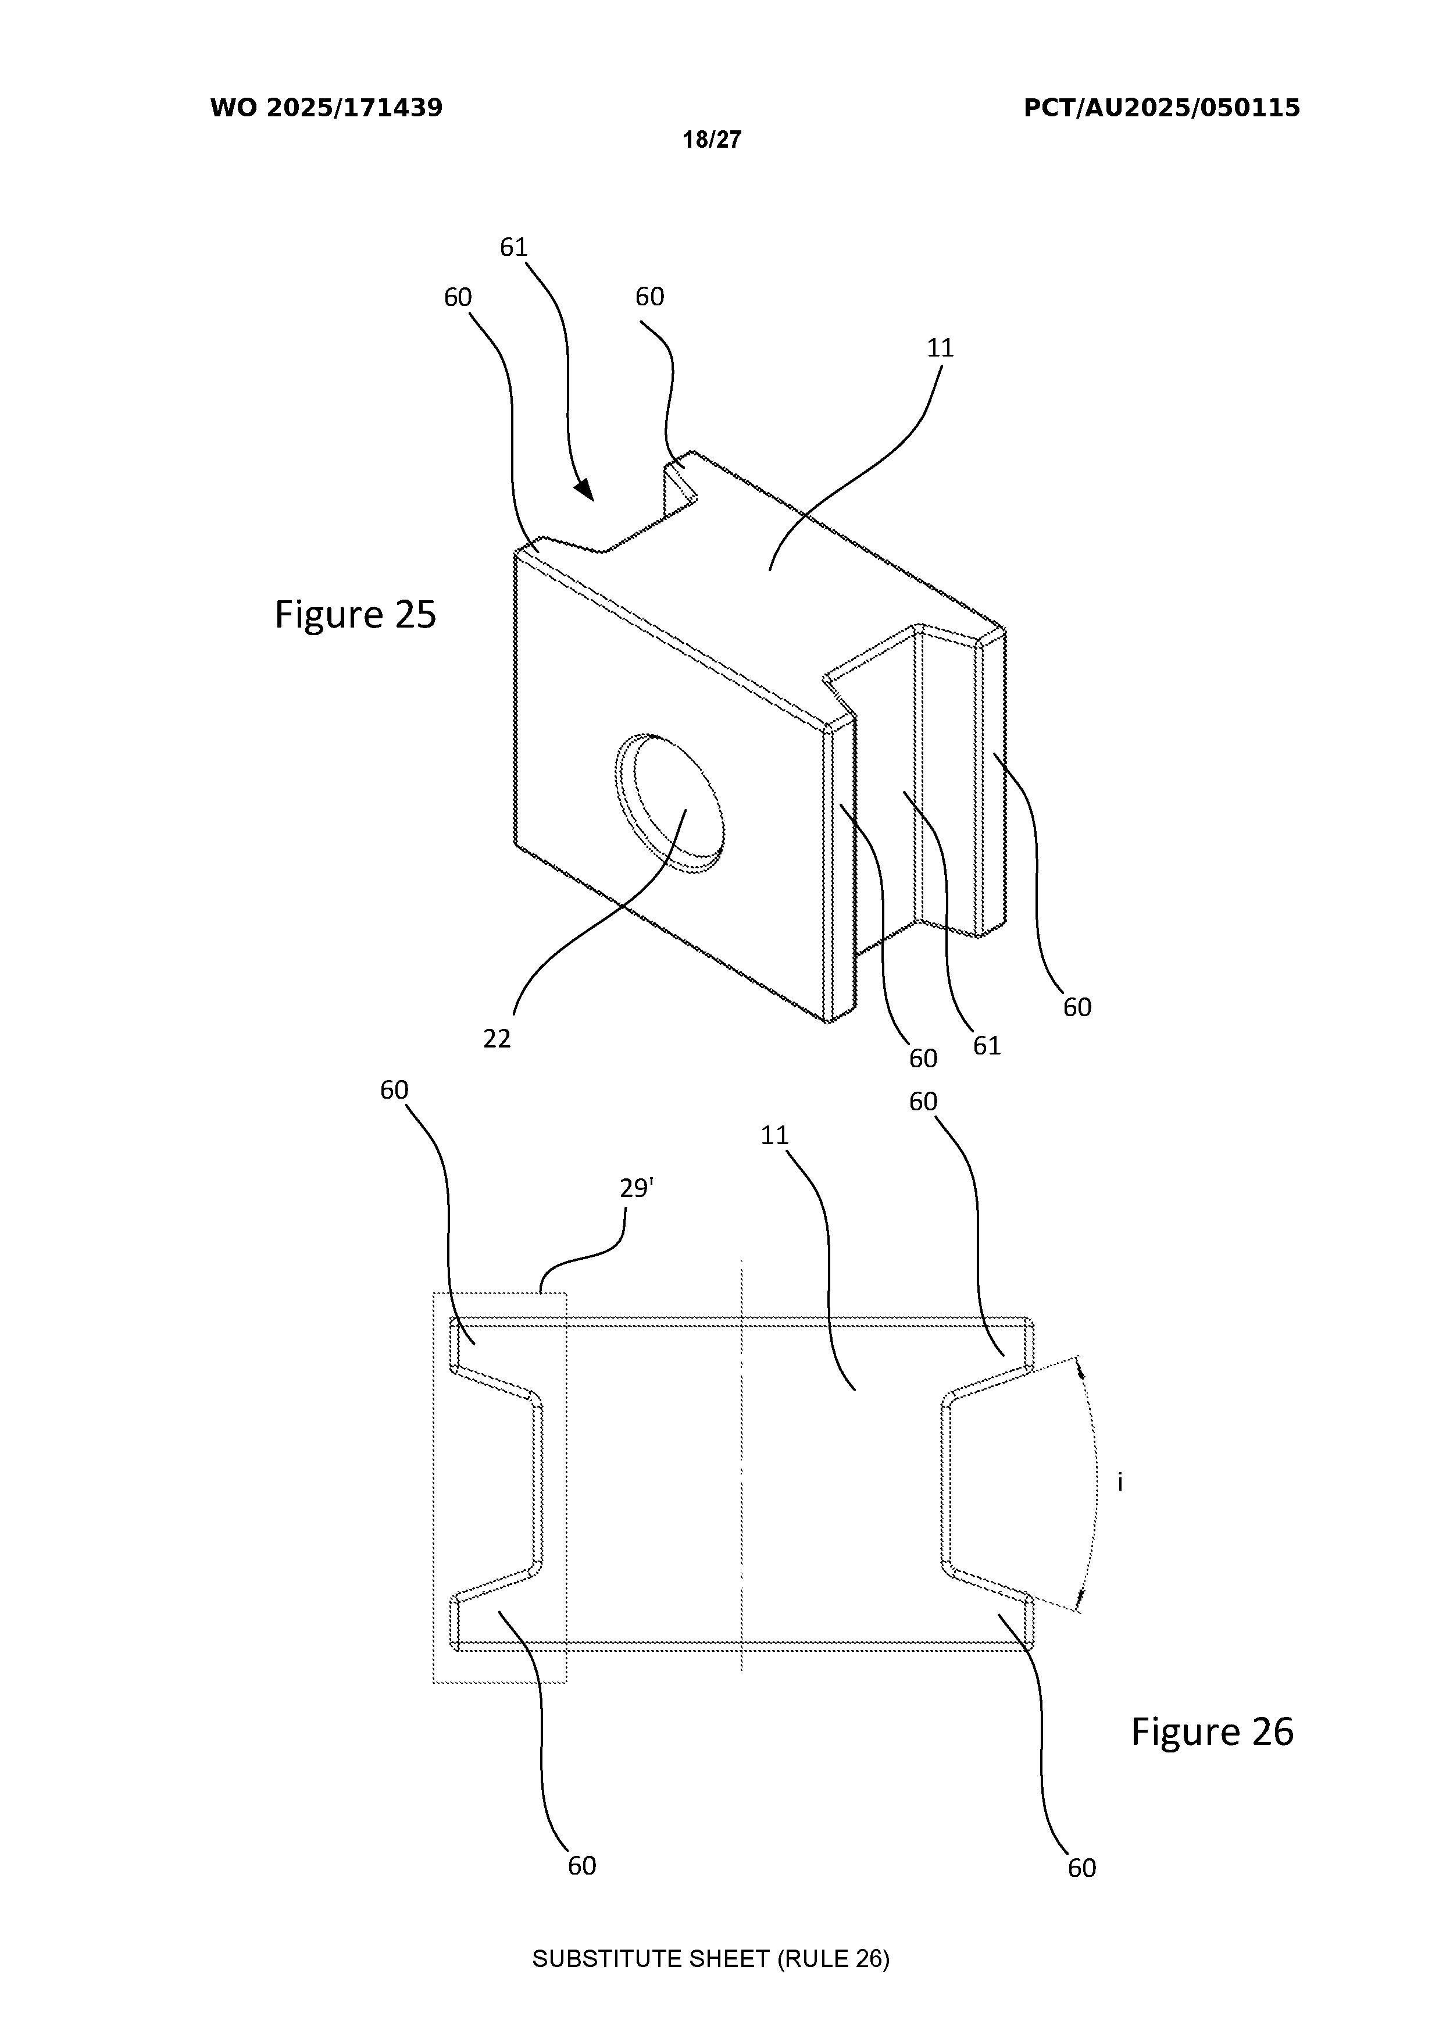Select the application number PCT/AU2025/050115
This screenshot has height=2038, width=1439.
pyautogui.click(x=1161, y=108)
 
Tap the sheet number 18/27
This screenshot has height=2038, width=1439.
pyautogui.click(x=712, y=140)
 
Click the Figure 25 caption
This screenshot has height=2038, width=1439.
pyautogui.click(x=355, y=614)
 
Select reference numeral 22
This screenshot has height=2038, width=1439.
pyautogui.click(x=497, y=1039)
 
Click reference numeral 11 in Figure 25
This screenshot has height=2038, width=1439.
pyautogui.click(x=940, y=348)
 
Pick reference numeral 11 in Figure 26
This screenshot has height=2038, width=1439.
pyautogui.click(x=774, y=1135)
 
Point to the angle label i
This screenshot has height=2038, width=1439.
pyautogui.click(x=1120, y=1481)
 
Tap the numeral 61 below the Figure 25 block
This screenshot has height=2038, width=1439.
pyautogui.click(x=987, y=1046)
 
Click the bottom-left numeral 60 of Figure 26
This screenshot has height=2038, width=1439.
pyautogui.click(x=582, y=1866)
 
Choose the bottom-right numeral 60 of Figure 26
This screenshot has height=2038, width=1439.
pyautogui.click(x=1081, y=1869)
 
